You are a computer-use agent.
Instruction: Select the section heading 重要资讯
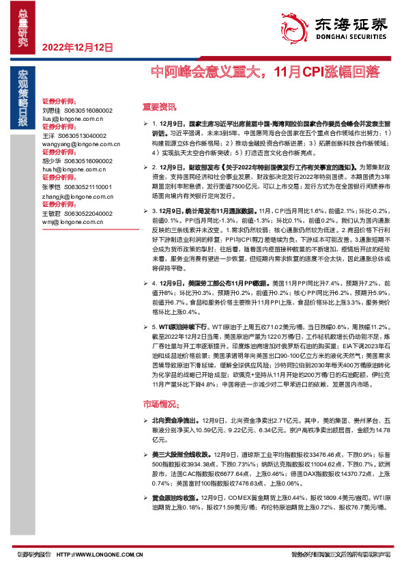pos(159,107)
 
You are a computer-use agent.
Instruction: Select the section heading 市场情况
pos(159,404)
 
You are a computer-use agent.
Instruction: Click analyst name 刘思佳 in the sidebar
pos(52,110)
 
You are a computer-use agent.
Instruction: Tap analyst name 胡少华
pos(52,160)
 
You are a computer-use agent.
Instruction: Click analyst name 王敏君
pos(52,213)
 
